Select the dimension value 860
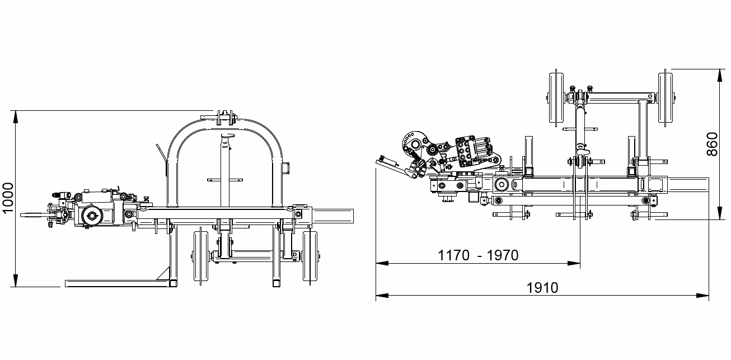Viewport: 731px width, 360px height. click(712, 144)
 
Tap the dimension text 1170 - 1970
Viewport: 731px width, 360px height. click(478, 256)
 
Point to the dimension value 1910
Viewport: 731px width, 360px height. click(542, 288)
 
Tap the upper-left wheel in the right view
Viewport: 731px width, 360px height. click(556, 100)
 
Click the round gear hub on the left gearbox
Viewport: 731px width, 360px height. click(90, 216)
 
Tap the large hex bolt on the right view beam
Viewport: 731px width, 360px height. click(501, 185)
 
